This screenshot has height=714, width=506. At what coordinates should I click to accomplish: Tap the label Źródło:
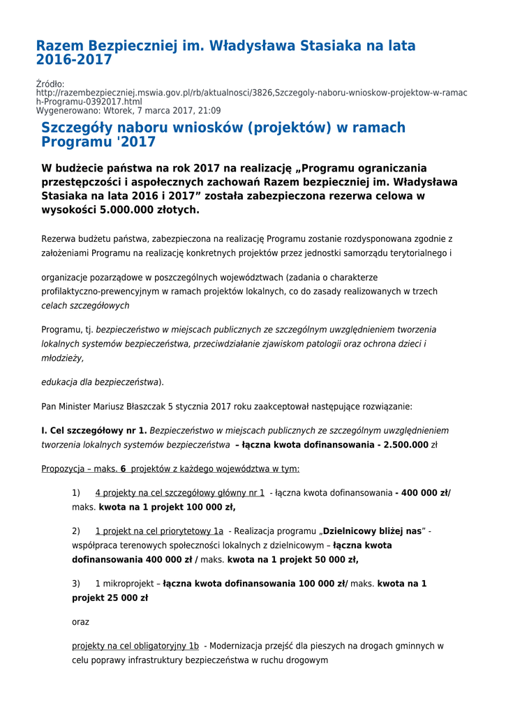click(50, 84)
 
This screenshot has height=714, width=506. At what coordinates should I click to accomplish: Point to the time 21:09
click(209, 110)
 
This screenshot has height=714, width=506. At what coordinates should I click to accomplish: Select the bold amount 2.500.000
click(401, 444)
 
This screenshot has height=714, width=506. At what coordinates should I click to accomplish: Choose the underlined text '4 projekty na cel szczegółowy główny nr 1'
click(180, 493)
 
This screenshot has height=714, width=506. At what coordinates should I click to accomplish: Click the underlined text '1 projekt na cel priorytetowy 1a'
click(159, 531)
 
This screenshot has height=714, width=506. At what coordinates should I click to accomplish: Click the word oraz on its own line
click(80, 621)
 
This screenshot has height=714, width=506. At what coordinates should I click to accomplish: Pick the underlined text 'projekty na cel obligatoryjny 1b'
click(135, 646)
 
